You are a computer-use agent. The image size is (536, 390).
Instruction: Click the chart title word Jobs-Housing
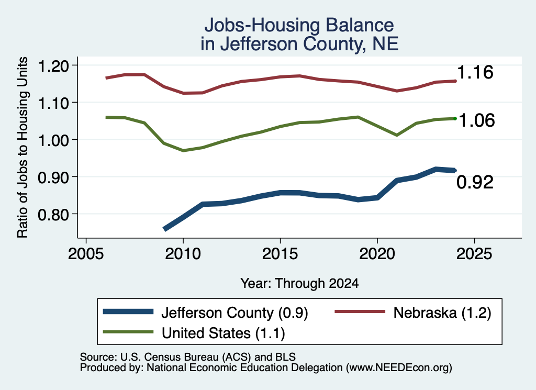[x=262, y=25]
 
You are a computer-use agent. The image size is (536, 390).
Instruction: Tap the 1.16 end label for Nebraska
[x=475, y=72]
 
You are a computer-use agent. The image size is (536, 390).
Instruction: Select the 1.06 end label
[x=476, y=120]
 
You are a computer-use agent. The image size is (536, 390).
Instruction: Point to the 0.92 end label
[x=475, y=182]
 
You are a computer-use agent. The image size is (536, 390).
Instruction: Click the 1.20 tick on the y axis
[x=53, y=66]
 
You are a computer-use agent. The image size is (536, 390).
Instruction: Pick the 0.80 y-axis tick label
[x=53, y=215]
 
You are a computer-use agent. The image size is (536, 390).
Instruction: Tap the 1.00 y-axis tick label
[x=53, y=140]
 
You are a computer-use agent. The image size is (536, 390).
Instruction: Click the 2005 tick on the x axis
[x=86, y=254]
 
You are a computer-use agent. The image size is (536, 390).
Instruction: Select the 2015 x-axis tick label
[x=280, y=254]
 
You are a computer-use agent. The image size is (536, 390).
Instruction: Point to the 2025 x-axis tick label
[x=474, y=254]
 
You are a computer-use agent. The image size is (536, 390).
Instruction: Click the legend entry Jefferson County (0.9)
[x=234, y=313]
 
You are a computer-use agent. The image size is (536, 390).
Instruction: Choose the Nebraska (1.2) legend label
[x=442, y=313]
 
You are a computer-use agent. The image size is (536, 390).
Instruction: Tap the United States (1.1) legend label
[x=223, y=333]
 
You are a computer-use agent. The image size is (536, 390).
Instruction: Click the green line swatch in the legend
[x=128, y=332]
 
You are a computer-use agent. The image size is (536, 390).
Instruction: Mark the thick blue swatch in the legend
[x=128, y=311]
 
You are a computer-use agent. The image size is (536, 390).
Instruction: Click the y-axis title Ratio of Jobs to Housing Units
[x=23, y=147]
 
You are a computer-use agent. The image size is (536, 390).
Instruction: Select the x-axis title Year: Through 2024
[x=299, y=283]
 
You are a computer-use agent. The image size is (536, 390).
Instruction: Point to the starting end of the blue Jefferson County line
[x=164, y=229]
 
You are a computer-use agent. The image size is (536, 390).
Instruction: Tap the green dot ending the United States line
[x=455, y=119]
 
